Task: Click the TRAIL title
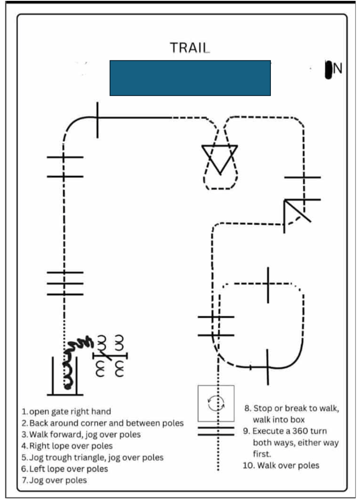[x=189, y=48]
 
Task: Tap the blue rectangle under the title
[x=190, y=78]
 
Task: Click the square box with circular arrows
[x=216, y=403]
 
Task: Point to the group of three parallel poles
[x=65, y=284]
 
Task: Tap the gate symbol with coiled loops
[x=110, y=356]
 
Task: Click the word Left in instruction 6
[x=38, y=468]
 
